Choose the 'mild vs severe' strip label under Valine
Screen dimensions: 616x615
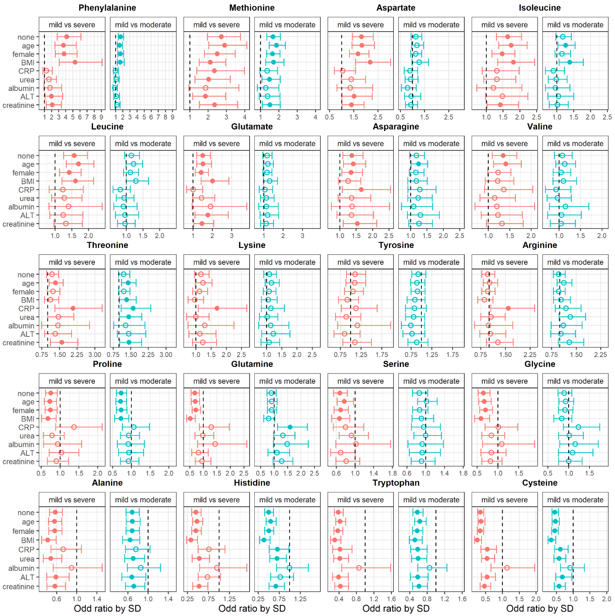pyautogui.click(x=504, y=143)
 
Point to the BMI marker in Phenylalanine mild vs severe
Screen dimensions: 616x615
pyautogui.click(x=75, y=62)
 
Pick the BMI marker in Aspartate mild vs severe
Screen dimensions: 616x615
pyautogui.click(x=370, y=62)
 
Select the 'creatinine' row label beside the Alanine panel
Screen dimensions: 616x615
pyautogui.click(x=18, y=587)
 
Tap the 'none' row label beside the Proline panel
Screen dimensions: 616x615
pyautogui.click(x=26, y=394)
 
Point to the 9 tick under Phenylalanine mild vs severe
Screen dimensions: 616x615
pyautogui.click(x=101, y=117)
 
